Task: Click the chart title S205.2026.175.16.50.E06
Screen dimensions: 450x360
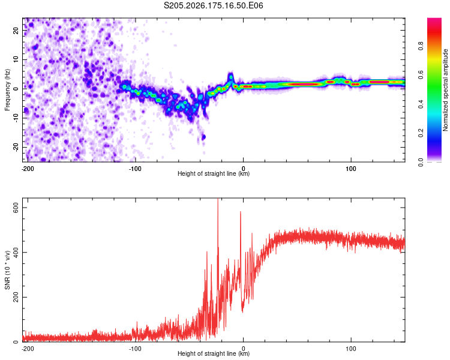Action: [x=213, y=5]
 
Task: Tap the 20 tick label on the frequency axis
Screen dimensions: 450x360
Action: [x=16, y=31]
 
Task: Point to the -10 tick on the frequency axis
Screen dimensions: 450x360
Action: [x=16, y=118]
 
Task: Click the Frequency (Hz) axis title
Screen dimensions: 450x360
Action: [x=7, y=89]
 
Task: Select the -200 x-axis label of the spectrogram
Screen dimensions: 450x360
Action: [x=28, y=169]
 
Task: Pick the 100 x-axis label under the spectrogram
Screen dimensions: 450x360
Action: [x=351, y=169]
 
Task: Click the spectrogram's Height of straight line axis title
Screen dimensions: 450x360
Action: [x=214, y=173]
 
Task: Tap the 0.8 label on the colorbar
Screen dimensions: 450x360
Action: [x=421, y=46]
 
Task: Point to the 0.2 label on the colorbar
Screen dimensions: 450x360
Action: [x=421, y=133]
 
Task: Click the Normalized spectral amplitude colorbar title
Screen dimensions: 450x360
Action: [x=445, y=90]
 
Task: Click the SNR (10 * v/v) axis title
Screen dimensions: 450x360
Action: [x=7, y=270]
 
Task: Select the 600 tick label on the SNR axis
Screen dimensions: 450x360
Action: [x=16, y=208]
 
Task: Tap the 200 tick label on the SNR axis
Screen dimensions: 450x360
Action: [x=16, y=297]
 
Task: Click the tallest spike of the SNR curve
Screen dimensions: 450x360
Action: [x=218, y=199]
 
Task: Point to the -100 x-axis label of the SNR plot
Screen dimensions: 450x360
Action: [x=135, y=349]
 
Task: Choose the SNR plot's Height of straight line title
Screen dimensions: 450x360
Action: [x=214, y=353]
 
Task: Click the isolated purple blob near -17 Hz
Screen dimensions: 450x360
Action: [x=203, y=137]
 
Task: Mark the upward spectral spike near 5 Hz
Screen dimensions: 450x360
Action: [x=231, y=76]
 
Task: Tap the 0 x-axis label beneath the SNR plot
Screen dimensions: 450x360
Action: [x=244, y=349]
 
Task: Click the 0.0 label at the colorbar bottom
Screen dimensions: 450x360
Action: [x=421, y=162]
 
